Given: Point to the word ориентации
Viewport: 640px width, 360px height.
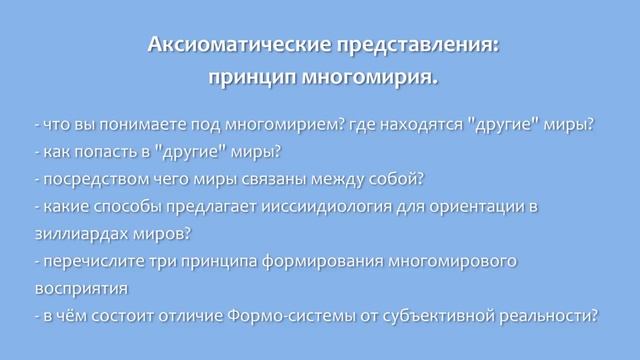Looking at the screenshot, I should (469, 206).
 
